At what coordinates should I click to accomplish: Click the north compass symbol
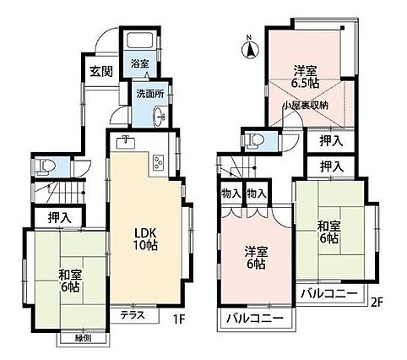coord(250,49)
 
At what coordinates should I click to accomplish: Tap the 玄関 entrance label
coord(101,72)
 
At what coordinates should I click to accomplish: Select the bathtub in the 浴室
coord(139,41)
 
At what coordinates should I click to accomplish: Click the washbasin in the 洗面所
coord(160,116)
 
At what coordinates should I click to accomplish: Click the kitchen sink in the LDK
coord(125,141)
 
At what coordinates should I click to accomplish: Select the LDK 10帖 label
coord(144,239)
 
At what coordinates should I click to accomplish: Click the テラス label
coord(133,314)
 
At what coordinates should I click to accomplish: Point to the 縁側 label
coord(83,339)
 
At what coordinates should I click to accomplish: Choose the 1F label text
coord(178,319)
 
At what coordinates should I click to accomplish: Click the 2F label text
coord(377,303)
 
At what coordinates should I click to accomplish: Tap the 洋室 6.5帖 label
coord(306,76)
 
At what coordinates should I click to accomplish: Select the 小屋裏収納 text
coord(306,106)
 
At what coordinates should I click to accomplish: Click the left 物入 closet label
coord(231,194)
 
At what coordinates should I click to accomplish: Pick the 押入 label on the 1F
coord(59,218)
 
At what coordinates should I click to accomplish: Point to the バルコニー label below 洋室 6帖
coord(255,319)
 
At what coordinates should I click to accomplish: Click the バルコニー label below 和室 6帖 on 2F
coord(329,294)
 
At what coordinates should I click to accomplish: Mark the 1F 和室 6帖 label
coord(68,281)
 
